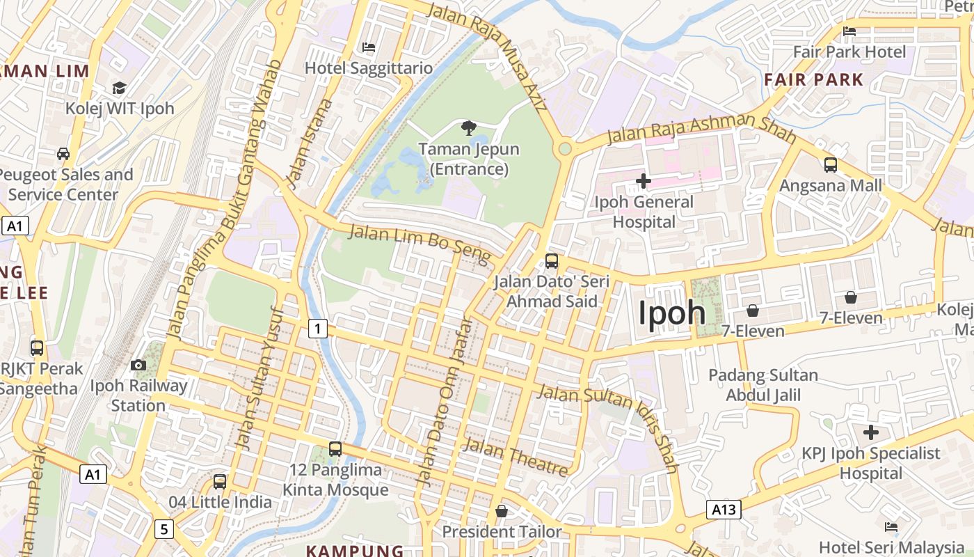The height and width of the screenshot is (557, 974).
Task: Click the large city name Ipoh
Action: [x=672, y=313]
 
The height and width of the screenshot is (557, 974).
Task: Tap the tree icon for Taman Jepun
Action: [x=469, y=127]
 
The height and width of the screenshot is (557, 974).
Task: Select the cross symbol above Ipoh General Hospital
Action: [x=644, y=182]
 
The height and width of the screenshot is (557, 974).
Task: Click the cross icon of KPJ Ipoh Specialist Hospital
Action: [x=870, y=432]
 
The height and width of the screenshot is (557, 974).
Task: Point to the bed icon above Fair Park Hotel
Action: [x=849, y=31]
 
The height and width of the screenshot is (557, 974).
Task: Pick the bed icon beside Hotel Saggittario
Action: [x=369, y=47]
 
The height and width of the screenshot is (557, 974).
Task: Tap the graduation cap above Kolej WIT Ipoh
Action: [x=120, y=88]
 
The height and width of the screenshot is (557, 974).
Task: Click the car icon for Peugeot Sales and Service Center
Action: [x=63, y=153]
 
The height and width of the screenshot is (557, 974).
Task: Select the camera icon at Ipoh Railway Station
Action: [x=138, y=365]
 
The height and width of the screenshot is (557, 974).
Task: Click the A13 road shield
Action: [x=724, y=510]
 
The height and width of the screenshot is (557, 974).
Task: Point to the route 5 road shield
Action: [x=163, y=529]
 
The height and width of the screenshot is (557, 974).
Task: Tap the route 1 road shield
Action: [x=318, y=328]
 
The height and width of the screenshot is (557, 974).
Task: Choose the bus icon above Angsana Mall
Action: [x=830, y=165]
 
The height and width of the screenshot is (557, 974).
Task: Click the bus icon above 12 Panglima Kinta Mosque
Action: [x=335, y=449]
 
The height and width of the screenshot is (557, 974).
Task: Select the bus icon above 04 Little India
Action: [x=220, y=481]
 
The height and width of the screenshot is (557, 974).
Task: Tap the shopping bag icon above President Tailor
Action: [x=501, y=512]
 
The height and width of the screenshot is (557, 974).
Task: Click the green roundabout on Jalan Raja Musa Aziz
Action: [x=565, y=148]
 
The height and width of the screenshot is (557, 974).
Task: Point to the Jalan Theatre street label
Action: [x=515, y=457]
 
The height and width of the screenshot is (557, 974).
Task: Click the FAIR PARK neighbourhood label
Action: [x=813, y=79]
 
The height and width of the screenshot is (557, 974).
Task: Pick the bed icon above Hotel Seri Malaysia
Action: [x=891, y=527]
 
